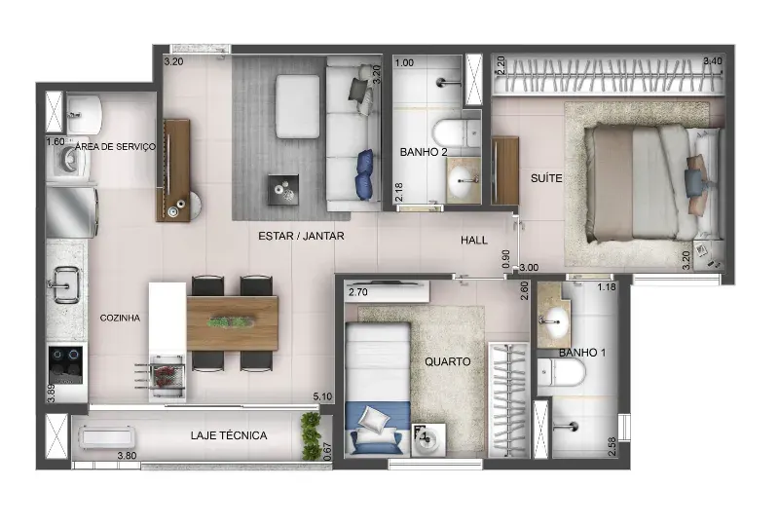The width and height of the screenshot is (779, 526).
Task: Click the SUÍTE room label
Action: tap(546, 178)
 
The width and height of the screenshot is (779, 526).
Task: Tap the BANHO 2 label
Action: tap(424, 152)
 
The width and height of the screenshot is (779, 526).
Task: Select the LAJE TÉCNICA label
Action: tap(229, 435)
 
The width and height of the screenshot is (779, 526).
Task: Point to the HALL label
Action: tap(474, 241)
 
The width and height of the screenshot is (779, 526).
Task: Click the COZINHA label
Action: tap(120, 318)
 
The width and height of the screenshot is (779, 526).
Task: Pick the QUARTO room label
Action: tap(448, 361)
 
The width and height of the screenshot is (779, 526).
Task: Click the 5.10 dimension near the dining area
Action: tap(322, 396)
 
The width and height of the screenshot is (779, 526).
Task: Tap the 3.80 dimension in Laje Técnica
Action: tap(127, 456)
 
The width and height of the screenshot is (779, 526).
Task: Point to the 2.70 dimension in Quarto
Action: tap(358, 292)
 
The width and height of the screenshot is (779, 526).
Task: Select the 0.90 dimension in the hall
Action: tap(506, 259)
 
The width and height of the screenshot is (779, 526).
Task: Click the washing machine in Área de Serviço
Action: tap(68, 161)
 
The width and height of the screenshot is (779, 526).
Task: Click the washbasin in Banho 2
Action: tap(464, 180)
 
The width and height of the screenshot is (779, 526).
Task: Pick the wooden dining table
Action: tap(232, 323)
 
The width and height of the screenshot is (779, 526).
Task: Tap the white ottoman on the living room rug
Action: tap(298, 106)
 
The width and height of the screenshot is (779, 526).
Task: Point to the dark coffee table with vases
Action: tap(283, 189)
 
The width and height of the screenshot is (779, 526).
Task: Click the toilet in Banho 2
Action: tap(455, 132)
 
